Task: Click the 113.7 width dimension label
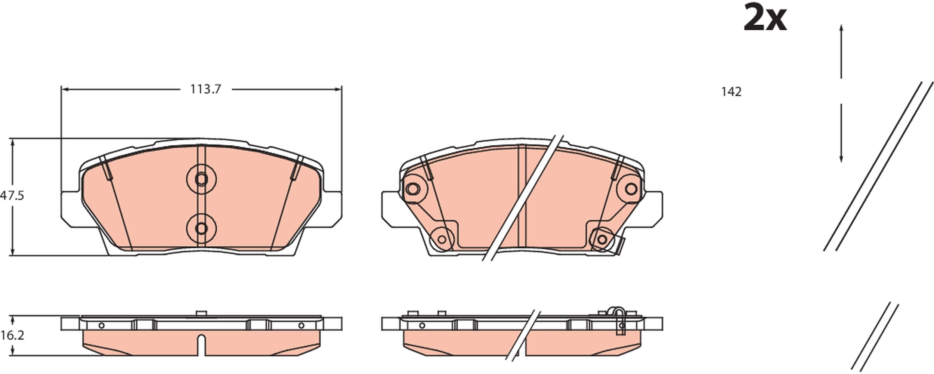[x=205, y=90]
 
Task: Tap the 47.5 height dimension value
[x=12, y=196]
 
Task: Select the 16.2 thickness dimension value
[x=12, y=336]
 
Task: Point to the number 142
[x=731, y=92]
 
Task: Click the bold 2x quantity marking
[x=765, y=18]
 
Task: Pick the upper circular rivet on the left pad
[x=201, y=179]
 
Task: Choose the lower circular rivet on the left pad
[x=201, y=228]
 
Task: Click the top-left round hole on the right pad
[x=412, y=189]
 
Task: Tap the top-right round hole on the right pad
[x=631, y=189]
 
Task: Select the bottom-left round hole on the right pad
[x=442, y=239]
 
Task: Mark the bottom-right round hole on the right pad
[x=602, y=239]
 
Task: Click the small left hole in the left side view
[x=101, y=325]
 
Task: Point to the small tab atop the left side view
[x=201, y=313]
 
